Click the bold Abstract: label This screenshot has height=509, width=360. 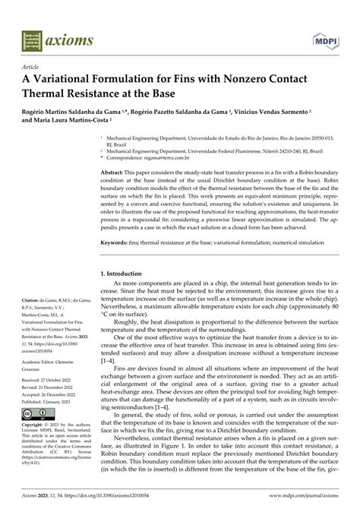pos(115,173)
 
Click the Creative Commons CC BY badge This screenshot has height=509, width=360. pos(40,414)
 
